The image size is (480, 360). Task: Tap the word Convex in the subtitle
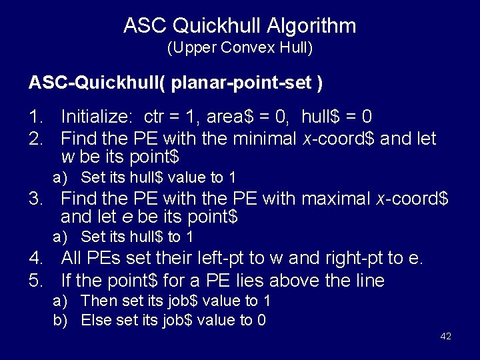(x=241, y=48)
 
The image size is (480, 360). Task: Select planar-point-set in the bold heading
(x=243, y=83)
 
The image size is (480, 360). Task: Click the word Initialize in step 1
(x=99, y=117)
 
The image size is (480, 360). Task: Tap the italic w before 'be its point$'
(x=67, y=158)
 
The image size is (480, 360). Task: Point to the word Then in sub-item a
(x=97, y=301)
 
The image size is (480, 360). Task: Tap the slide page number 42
(x=446, y=336)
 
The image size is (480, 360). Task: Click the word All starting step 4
(x=72, y=257)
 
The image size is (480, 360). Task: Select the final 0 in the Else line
(x=261, y=320)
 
